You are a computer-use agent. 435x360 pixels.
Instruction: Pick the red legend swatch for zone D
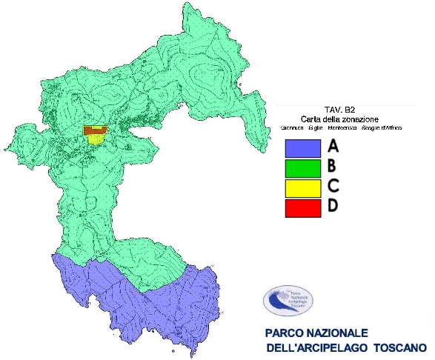[x=302, y=208]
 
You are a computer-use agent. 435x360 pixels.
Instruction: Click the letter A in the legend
[x=333, y=145]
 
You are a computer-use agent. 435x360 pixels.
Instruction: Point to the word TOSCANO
[x=399, y=348]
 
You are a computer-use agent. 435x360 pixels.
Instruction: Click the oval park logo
[x=288, y=301]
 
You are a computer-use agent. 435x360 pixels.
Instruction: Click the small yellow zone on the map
[x=96, y=138]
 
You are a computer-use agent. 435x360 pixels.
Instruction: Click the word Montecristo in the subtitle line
[x=341, y=127]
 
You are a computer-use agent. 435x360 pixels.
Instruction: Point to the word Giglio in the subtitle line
[x=312, y=127]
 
